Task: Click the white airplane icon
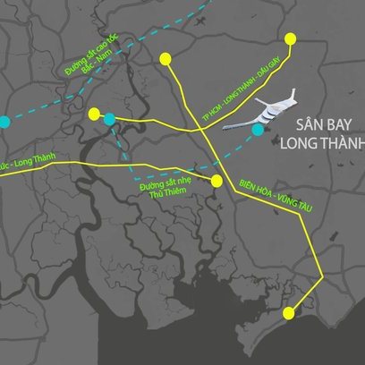(269, 111)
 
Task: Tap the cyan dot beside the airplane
(258, 131)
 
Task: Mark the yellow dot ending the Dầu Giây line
(291, 38)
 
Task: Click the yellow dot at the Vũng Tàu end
(288, 313)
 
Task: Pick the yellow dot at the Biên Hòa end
(165, 59)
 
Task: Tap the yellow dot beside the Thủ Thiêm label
(216, 182)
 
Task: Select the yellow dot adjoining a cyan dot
(94, 113)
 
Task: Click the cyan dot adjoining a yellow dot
(109, 118)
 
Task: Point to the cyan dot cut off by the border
(4, 120)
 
